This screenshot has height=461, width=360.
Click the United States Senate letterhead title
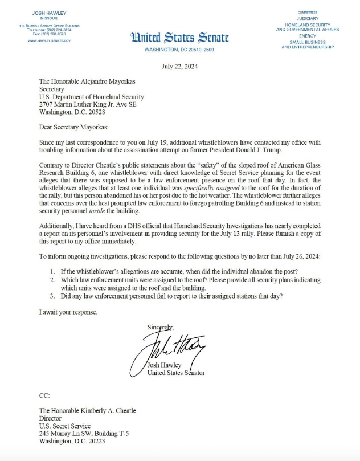[179, 38]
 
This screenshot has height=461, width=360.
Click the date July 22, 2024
[179, 66]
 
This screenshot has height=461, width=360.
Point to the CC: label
[44, 394]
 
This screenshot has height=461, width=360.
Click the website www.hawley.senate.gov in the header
[49, 40]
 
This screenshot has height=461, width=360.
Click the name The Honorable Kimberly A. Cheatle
[87, 410]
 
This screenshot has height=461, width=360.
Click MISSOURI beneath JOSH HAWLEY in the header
[49, 18]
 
